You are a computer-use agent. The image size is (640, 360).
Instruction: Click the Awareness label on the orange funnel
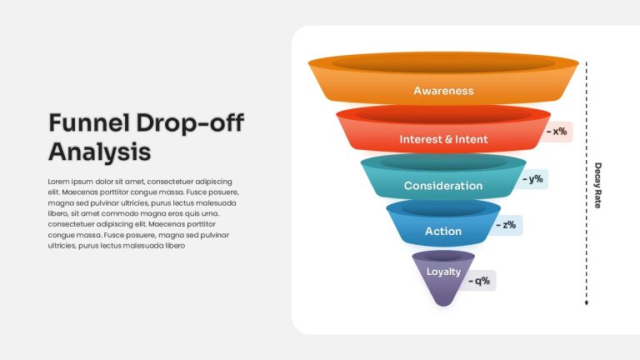(x=443, y=91)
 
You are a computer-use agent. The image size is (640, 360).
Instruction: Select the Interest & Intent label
(x=443, y=139)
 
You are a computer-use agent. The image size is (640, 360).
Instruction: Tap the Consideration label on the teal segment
(x=443, y=186)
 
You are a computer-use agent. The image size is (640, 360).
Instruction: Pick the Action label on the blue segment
(x=443, y=232)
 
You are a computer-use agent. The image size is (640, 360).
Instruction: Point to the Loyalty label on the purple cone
(x=443, y=272)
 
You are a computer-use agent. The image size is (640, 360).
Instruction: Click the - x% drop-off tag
(x=557, y=132)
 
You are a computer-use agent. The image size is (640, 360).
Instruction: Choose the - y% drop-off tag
(x=532, y=179)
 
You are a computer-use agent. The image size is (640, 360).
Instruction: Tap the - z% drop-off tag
(x=507, y=225)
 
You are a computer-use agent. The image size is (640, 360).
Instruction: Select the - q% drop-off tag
(x=479, y=281)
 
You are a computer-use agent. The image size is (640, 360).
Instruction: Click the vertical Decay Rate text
(x=598, y=185)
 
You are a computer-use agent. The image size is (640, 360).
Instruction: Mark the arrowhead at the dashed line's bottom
(x=587, y=302)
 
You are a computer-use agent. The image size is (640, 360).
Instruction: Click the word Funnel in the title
(x=89, y=122)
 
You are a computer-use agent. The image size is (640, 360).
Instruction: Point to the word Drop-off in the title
(x=190, y=123)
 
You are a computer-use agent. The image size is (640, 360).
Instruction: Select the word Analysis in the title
(x=100, y=152)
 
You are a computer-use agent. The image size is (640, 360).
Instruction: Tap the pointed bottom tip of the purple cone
(x=443, y=306)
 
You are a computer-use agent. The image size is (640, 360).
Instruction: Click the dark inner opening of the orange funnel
(x=443, y=64)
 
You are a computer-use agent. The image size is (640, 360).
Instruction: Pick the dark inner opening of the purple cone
(x=443, y=257)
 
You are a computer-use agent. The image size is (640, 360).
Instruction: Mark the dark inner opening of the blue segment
(x=443, y=209)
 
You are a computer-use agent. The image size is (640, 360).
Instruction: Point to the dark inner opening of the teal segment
(x=443, y=162)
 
